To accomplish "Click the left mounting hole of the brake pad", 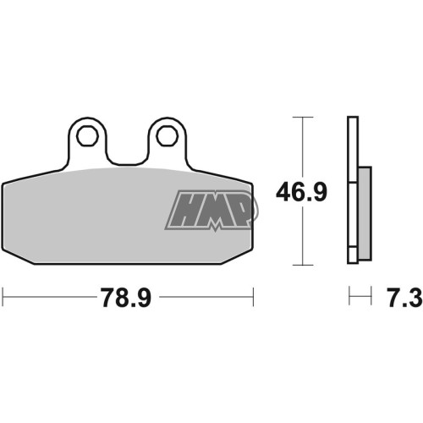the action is click(x=87, y=136).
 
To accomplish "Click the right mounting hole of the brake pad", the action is click(x=168, y=136).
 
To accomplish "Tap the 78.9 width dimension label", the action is click(x=127, y=298).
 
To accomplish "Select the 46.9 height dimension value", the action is click(x=301, y=192).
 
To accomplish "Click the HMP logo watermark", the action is click(x=211, y=211).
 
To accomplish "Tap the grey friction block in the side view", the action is click(x=365, y=213).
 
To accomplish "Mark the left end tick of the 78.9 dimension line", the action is click(x=3, y=297).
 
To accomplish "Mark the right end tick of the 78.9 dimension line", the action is click(x=253, y=297).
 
